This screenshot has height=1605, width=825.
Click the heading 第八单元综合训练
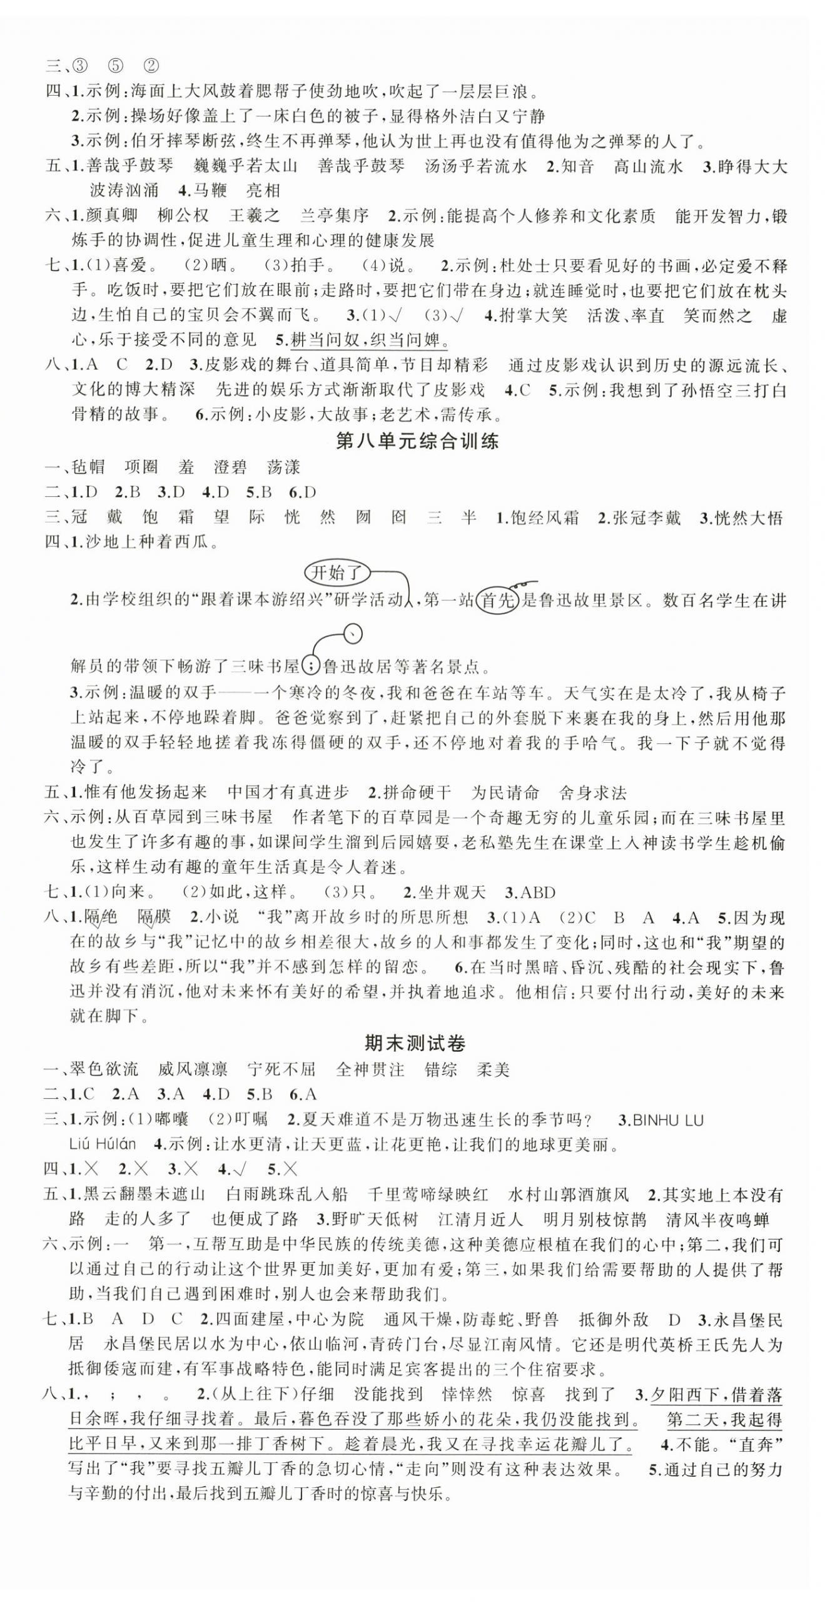pos(417,442)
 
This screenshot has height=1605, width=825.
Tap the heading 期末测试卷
pos(415,1043)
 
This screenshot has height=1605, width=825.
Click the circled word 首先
pos(497,601)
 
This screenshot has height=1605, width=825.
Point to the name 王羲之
pos(254,216)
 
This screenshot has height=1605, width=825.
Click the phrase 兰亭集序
pos(335,216)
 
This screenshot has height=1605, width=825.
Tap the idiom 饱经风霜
pos(544,517)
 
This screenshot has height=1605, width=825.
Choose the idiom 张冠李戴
pos(645,517)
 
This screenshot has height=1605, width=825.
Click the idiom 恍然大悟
pos(748,517)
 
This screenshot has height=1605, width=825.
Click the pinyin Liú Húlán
pos(103,1144)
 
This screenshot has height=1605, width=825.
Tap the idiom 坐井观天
pos(452,892)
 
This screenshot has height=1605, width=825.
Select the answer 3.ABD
pos(530,892)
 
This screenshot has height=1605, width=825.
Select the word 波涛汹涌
pos(124,190)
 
